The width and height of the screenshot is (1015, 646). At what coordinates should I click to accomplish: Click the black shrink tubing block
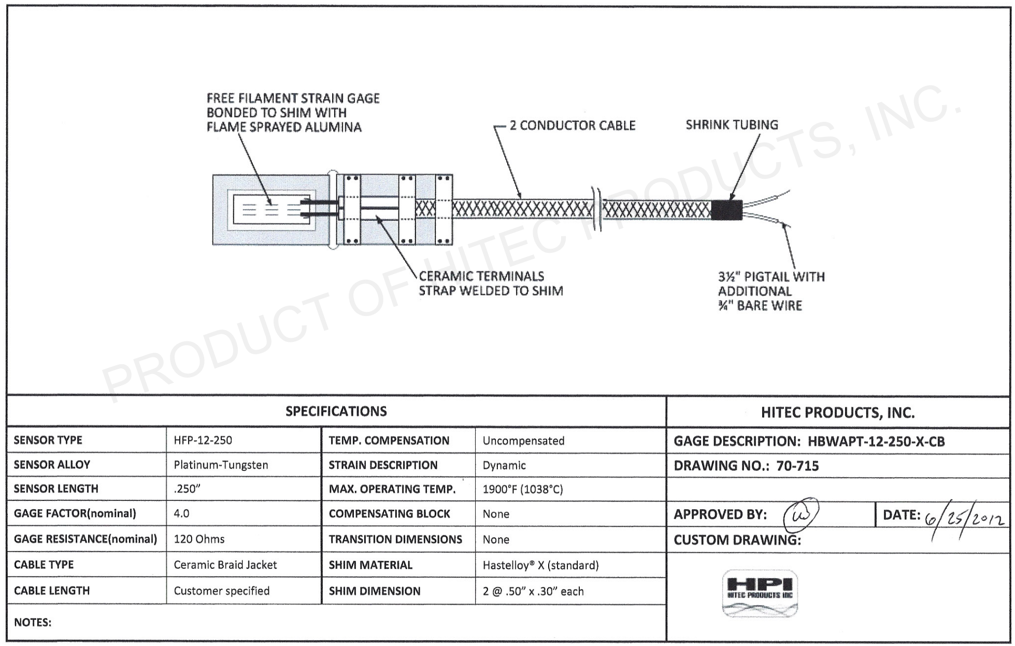tap(726, 210)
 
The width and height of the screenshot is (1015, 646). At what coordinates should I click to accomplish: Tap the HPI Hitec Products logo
tap(760, 594)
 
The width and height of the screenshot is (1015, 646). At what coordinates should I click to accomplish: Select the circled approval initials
tap(801, 514)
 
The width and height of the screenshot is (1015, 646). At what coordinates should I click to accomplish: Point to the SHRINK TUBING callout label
tap(732, 125)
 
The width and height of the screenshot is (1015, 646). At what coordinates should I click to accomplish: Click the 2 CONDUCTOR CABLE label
tap(572, 125)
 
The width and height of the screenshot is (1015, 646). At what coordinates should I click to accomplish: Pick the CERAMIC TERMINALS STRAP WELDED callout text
tap(490, 283)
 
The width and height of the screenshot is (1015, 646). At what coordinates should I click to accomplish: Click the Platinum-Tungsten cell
tap(221, 465)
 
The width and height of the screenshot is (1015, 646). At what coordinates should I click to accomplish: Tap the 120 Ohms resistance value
tap(199, 539)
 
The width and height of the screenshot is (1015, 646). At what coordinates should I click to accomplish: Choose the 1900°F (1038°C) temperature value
tap(522, 489)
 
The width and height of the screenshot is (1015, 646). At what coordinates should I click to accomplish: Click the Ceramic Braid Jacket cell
tap(225, 565)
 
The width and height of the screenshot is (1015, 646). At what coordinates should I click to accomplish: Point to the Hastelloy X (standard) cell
tap(540, 565)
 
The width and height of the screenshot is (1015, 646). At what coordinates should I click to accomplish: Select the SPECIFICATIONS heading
tap(336, 411)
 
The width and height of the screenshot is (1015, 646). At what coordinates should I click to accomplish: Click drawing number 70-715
tap(797, 466)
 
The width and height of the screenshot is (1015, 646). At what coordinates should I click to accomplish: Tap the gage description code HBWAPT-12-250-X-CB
tap(876, 441)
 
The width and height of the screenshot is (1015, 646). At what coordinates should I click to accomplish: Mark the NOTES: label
tap(33, 622)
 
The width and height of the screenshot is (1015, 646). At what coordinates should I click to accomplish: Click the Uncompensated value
tap(523, 441)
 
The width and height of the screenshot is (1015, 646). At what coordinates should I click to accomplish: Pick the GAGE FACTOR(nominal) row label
tap(75, 513)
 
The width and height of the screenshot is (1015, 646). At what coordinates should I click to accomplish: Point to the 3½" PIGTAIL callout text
tap(770, 291)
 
